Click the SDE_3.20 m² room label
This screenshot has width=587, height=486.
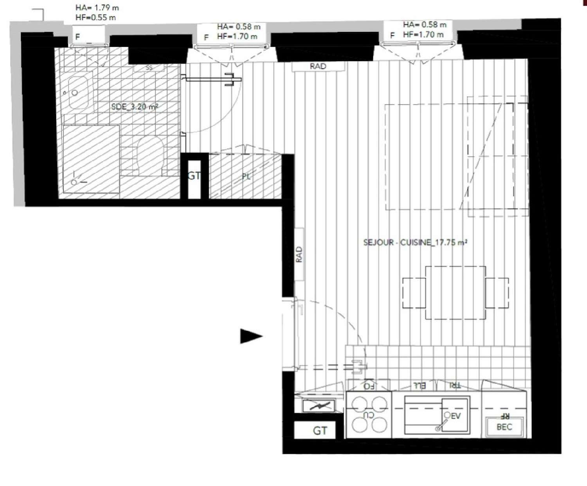tap(135, 107)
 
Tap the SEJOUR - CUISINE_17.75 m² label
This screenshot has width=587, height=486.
tap(415, 242)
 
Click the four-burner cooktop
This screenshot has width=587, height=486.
tap(368, 414)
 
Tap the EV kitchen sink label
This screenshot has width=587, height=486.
tap(456, 416)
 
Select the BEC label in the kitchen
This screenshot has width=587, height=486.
tap(504, 427)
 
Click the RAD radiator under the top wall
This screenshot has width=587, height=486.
tap(318, 66)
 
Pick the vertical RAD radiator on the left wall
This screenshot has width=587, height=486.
tap(299, 254)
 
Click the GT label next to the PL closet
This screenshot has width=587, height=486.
tap(194, 176)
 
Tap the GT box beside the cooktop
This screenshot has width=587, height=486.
tap(320, 431)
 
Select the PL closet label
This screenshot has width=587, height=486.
tap(246, 176)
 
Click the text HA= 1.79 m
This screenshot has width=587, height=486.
tap(97, 8)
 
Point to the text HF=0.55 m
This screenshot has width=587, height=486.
tap(95, 17)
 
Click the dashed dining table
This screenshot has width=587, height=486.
tap(456, 293)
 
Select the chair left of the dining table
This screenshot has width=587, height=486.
tap(414, 293)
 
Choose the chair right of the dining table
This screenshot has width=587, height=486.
tap(497, 293)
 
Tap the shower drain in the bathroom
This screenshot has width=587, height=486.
tap(74, 182)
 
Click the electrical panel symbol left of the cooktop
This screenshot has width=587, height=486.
tap(319, 407)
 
